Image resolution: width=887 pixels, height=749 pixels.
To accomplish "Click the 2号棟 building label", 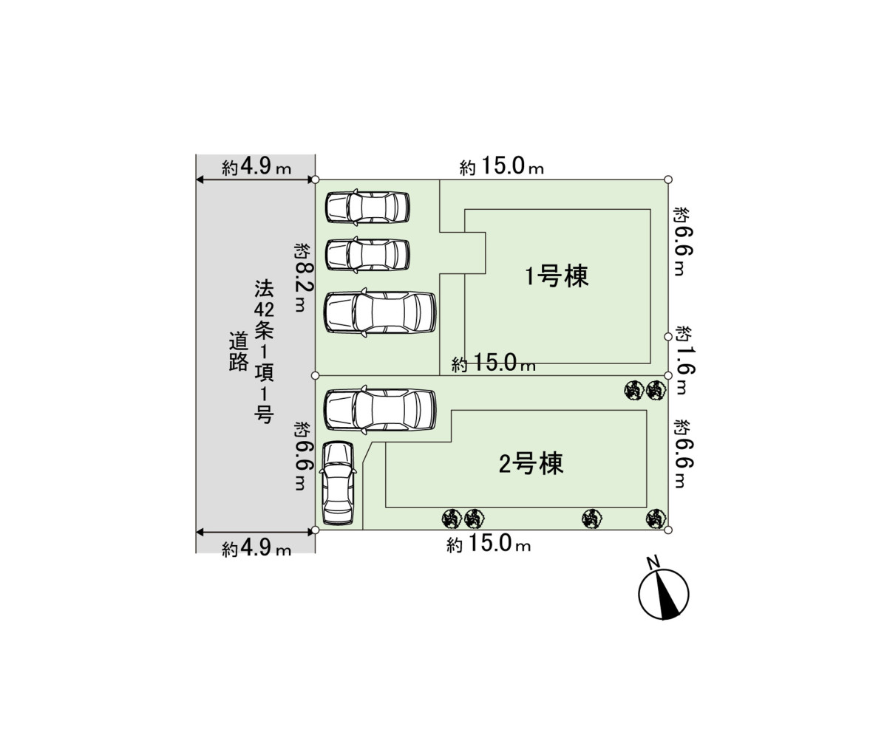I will pos(531,464).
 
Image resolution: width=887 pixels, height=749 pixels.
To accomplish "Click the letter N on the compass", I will pos(653,564).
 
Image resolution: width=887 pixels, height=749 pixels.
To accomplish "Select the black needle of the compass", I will pos(670,598).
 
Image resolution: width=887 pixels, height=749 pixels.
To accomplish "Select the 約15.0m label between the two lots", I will pos(494,364).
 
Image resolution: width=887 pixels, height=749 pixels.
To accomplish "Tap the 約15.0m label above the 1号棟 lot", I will pos(501,168).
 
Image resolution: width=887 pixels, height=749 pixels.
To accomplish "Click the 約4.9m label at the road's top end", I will pos(256,168).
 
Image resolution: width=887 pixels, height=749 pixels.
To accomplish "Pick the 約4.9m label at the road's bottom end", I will pos(256,548).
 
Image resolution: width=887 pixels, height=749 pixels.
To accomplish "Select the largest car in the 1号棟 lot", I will pos(380,312).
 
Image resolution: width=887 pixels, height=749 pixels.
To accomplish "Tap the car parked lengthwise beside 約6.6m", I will pos(339,482).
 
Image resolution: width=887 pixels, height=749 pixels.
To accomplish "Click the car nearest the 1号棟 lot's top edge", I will pos(367,207).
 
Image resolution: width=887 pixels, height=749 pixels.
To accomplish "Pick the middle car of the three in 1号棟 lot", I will pos(367,254).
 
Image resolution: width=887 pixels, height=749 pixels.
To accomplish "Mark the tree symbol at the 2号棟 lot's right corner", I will pos(653,519).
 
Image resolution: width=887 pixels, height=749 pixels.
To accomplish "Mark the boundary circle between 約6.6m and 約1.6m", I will pos(668,336).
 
